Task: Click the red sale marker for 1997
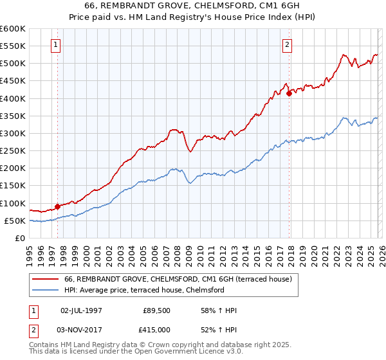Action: coord(57,206)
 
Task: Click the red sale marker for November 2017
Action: coord(289,93)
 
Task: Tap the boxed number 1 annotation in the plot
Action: coord(57,45)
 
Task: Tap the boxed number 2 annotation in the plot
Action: coord(286,45)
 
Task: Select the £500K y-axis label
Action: coord(12,64)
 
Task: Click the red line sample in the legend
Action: coord(46,279)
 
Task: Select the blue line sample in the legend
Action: coord(46,290)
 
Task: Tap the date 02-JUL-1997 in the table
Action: coord(81,310)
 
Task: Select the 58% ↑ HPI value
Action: coord(219,310)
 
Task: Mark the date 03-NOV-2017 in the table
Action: coord(81,329)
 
